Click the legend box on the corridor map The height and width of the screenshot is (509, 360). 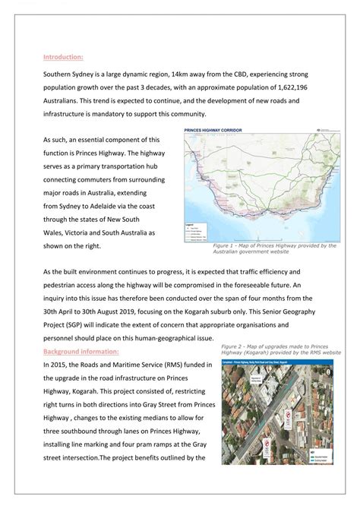[x=195, y=231]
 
